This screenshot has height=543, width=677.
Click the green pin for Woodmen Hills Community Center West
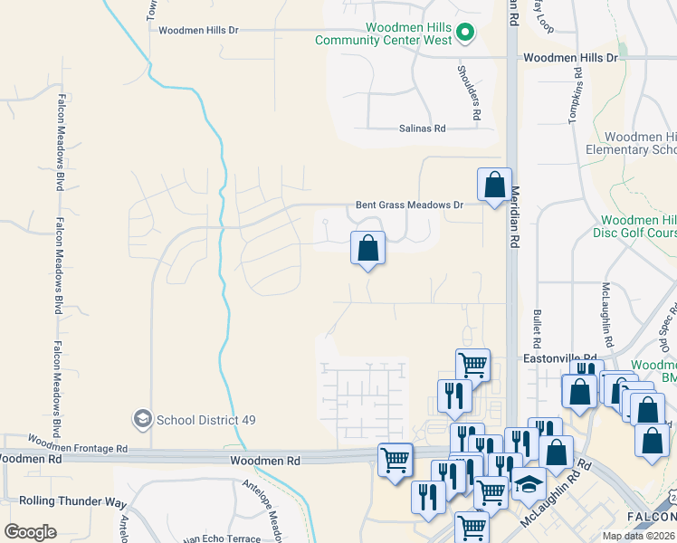[x=465, y=33]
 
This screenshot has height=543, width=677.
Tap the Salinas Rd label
[x=423, y=129]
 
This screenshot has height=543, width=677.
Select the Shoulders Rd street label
[x=468, y=93]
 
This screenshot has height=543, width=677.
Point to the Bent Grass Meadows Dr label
[x=409, y=205]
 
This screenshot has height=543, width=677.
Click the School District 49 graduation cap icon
[x=142, y=418]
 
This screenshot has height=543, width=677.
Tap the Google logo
[x=31, y=531]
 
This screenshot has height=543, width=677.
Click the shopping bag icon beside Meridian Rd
[x=494, y=186]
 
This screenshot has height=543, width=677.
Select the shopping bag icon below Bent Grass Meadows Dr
[x=367, y=248]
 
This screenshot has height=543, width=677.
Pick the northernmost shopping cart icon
[x=472, y=365]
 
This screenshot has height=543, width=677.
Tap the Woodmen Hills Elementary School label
[x=631, y=143]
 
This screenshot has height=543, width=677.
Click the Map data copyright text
[x=639, y=536]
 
